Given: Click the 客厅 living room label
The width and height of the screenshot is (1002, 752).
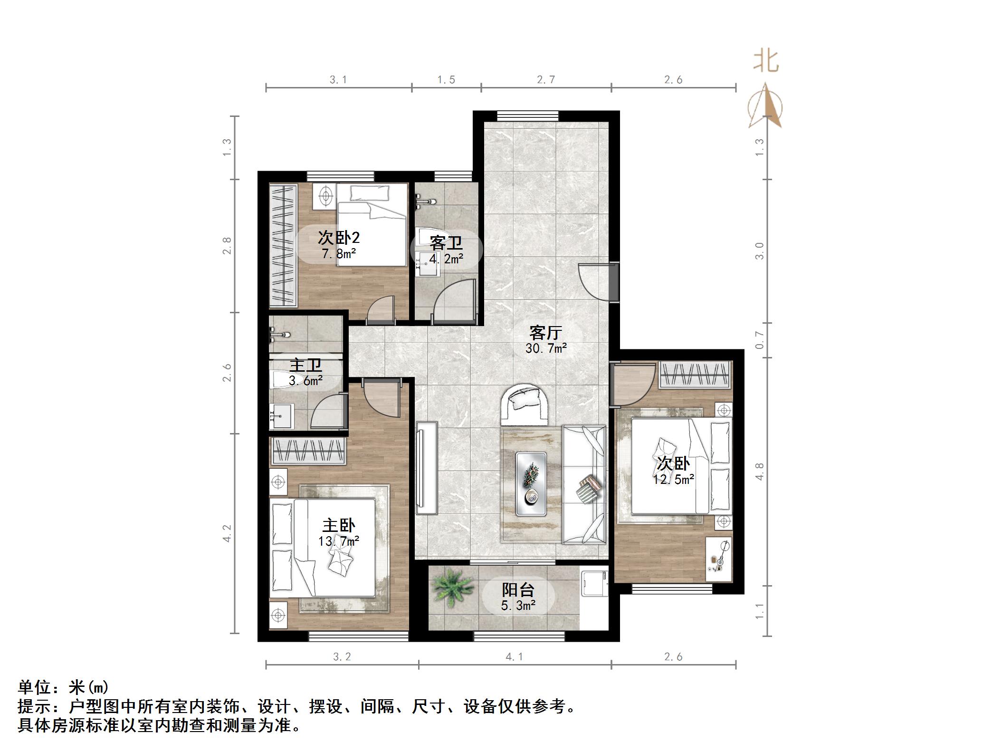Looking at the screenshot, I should (545, 332).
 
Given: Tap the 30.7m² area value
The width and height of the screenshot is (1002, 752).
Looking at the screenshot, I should (546, 348).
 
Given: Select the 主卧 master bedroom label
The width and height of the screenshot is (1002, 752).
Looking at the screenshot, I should (339, 525).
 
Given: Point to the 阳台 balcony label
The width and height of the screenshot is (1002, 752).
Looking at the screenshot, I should (518, 590).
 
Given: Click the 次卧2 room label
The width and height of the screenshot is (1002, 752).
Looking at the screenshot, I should (338, 237).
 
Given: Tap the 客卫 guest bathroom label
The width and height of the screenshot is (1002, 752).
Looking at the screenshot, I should (446, 243).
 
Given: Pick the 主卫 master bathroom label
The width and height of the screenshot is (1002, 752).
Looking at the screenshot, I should (305, 366).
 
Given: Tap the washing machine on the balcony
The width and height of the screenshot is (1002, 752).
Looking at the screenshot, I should (594, 583).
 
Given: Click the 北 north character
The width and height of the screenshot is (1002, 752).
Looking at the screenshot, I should (765, 62).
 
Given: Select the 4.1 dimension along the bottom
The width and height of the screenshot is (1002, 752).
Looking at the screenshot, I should (514, 657).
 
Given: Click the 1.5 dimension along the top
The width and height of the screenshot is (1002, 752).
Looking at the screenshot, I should (446, 80).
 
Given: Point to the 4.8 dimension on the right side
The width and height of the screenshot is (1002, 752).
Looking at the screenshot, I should (759, 472).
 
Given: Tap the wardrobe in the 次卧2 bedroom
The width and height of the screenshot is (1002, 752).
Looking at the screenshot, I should (283, 245).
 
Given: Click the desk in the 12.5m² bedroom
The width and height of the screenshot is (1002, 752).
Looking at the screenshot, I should (718, 559).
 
